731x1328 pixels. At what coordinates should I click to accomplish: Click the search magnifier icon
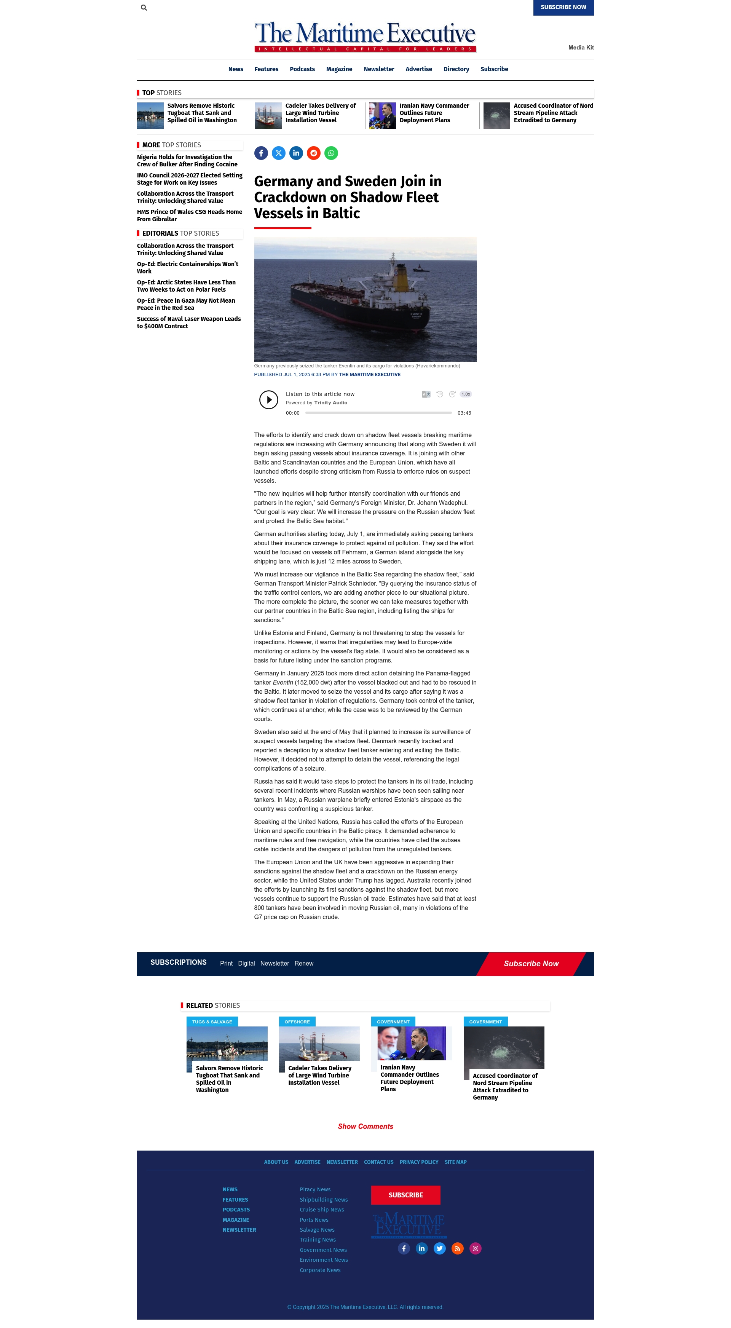click(144, 8)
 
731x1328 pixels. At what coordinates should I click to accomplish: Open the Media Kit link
click(581, 48)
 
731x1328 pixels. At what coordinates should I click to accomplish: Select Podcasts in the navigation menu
click(302, 69)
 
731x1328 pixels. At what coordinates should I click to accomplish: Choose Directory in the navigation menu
click(456, 69)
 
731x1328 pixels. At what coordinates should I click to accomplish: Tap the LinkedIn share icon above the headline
click(296, 153)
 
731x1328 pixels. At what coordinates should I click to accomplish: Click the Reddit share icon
click(313, 153)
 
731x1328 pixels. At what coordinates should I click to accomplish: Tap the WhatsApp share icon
click(331, 153)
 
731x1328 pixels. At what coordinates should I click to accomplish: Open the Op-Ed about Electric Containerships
click(187, 268)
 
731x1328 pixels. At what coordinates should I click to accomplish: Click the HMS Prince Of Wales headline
click(189, 215)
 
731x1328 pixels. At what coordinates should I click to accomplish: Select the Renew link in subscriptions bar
click(304, 964)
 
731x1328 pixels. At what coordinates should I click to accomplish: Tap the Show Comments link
click(365, 1127)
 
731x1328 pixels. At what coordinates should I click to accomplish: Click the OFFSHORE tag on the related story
click(297, 1022)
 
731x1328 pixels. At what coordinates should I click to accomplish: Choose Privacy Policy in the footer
click(418, 1162)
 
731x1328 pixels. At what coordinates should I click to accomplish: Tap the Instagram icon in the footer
click(475, 1248)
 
